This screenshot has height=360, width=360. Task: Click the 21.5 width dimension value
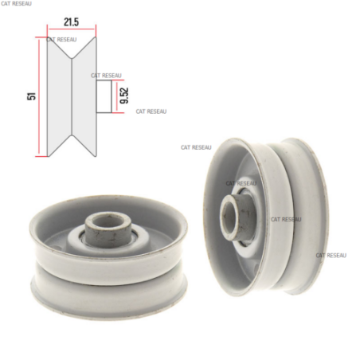71,22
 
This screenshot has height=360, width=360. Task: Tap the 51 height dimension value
31,96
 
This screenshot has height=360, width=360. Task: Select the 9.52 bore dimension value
124,96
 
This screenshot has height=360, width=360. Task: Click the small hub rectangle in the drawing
104,96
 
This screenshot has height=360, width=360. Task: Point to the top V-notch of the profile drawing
72,58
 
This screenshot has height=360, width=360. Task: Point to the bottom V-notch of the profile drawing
72,135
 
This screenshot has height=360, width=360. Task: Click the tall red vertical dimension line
39,96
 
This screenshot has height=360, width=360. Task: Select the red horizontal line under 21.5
72,29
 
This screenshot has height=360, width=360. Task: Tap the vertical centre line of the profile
72,96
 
